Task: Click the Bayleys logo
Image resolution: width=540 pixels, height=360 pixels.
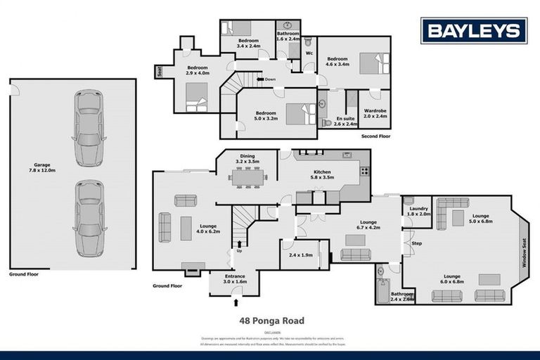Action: [473, 30]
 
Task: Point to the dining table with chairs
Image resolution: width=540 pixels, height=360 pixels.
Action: [247, 179]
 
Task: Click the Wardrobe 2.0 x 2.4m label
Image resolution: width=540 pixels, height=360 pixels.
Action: [375, 113]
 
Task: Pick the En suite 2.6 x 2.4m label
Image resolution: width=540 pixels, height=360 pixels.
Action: [346, 122]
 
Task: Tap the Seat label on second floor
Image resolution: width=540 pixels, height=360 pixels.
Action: [160, 72]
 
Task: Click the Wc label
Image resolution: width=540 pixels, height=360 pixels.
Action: [309, 53]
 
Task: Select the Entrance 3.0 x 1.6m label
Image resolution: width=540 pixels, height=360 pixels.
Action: [235, 278]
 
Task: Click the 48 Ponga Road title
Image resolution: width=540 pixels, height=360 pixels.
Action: [271, 321]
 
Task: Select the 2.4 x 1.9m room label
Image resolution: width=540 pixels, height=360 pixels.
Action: [299, 256]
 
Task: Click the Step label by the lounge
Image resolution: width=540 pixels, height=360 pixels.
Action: [416, 243]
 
